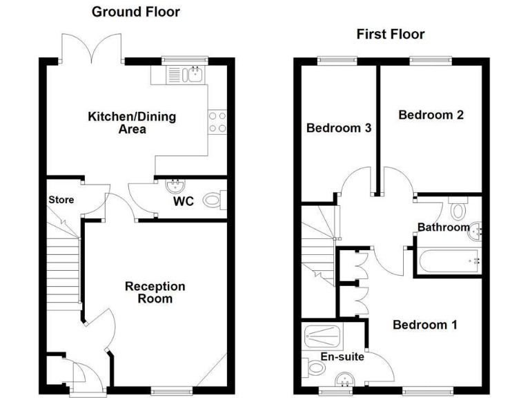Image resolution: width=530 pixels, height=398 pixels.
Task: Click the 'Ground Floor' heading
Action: pos(135,12)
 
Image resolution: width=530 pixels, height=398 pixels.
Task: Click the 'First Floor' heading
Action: pos(390,34)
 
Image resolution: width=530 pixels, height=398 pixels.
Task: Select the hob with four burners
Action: pos(218,122)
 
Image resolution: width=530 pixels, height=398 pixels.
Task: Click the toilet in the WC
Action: pos(213,200)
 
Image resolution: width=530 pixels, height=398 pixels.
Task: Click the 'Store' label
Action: pos(61,200)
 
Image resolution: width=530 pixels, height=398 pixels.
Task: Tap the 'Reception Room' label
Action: pos(155,292)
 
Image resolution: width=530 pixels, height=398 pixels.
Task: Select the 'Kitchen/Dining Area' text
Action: pos(131,122)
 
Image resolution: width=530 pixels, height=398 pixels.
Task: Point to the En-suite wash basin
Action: pos(344,379)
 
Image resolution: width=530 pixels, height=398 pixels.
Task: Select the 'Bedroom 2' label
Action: pos(431,115)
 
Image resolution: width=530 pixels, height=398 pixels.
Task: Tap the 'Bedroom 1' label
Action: pos(424,324)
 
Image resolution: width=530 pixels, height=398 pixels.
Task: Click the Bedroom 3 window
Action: pos(334,61)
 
